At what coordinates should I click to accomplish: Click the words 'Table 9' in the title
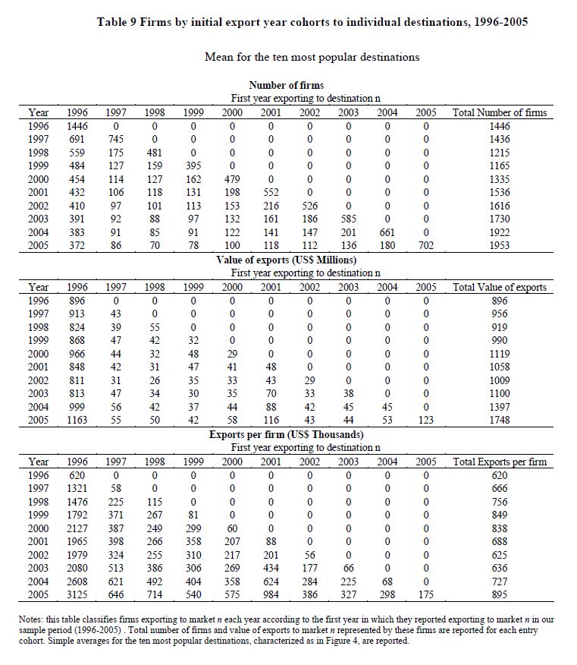pos(118,22)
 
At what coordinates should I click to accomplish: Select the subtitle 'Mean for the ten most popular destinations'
pos(312,57)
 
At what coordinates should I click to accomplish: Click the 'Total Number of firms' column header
pos(500,113)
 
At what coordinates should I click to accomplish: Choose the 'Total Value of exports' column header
pos(500,288)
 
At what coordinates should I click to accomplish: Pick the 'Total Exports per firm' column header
pos(500,462)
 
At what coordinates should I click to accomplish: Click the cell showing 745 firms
pos(115,140)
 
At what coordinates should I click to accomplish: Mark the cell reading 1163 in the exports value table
pos(77,421)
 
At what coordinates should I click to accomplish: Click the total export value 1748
pos(500,421)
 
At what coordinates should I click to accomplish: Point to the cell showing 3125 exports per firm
pos(77,595)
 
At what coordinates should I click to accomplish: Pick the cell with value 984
pos(271,595)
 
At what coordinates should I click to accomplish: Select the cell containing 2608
pos(77,581)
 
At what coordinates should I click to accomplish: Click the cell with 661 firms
pos(387,233)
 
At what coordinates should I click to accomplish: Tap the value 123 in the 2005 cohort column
pos(425,421)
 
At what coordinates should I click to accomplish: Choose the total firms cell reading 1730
pos(500,219)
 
